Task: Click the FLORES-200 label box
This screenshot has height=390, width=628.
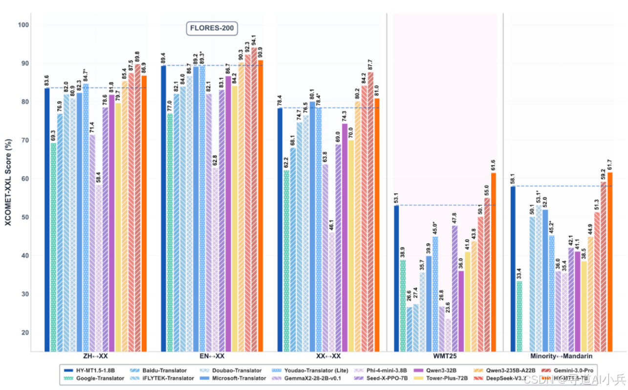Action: coord(212,29)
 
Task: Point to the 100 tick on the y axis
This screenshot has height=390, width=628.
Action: coord(23,25)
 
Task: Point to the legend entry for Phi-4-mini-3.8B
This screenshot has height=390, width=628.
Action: coord(376,370)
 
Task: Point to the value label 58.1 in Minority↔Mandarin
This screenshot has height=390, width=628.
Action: coord(512,179)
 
